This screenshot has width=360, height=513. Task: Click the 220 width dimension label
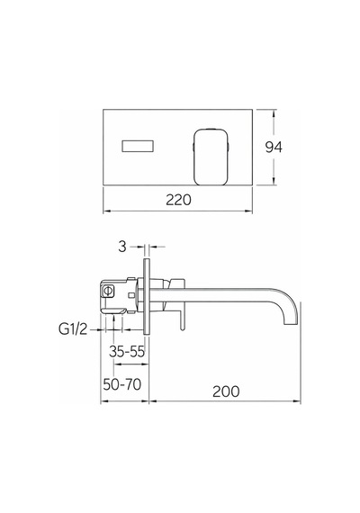point(178,200)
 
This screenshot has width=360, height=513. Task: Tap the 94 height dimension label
point(274,148)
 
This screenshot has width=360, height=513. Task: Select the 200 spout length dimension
point(226,391)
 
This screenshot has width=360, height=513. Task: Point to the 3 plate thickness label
point(122,247)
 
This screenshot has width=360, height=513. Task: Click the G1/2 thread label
point(73,328)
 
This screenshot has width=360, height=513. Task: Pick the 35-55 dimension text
point(127,351)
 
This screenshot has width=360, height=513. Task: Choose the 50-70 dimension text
point(121,384)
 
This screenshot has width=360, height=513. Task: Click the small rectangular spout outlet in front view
point(138,146)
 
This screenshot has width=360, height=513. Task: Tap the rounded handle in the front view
point(211,157)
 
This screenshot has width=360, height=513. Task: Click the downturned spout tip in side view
point(291,322)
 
